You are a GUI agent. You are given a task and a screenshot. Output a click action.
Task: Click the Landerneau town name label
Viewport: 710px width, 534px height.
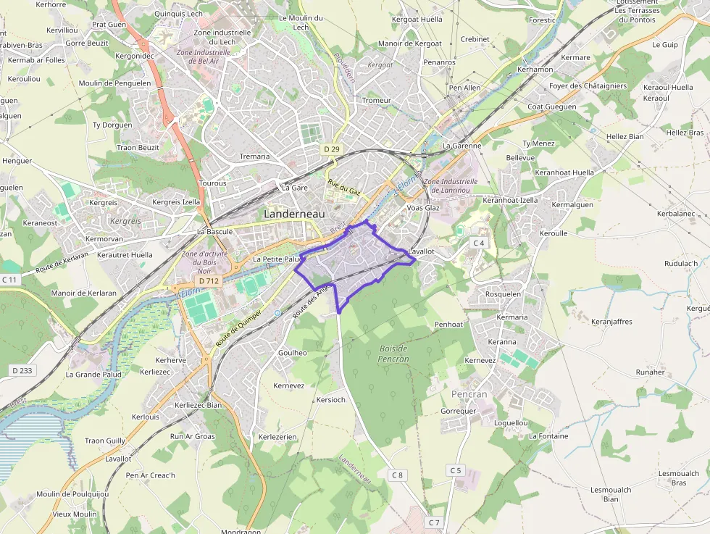pyautogui.click(x=295, y=214)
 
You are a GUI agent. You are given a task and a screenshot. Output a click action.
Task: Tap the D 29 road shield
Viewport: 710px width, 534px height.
pyautogui.click(x=332, y=149)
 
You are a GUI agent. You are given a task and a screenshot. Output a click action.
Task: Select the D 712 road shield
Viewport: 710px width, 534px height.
pyautogui.click(x=208, y=280)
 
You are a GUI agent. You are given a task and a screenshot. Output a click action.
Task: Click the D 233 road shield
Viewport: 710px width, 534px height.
pyautogui.click(x=22, y=370)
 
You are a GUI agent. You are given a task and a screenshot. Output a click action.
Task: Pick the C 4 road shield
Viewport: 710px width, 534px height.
pyautogui.click(x=478, y=242)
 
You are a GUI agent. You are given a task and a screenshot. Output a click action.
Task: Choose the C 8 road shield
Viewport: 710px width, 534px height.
pyautogui.click(x=396, y=475)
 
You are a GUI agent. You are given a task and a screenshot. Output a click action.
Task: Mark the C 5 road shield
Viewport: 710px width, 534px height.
pyautogui.click(x=455, y=470)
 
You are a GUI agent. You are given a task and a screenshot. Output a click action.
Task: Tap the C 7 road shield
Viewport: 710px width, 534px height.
pyautogui.click(x=434, y=522)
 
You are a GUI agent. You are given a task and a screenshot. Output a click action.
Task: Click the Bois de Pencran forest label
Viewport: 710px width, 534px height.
pyautogui.click(x=394, y=354)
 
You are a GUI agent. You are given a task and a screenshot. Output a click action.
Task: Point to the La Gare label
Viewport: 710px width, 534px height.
pyautogui.click(x=295, y=188)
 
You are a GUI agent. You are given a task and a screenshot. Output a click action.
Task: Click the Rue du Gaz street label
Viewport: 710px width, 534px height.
pyautogui.click(x=344, y=188)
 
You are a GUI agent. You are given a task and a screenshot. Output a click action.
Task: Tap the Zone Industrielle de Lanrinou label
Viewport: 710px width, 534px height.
pyautogui.click(x=451, y=185)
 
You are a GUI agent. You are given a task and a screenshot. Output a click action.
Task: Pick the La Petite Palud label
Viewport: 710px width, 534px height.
pyautogui.click(x=276, y=259)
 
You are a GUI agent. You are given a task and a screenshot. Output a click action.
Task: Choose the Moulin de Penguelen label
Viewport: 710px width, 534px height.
pyautogui.click(x=114, y=83)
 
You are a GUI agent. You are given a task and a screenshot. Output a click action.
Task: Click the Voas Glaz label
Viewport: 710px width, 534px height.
pyautogui.click(x=424, y=208)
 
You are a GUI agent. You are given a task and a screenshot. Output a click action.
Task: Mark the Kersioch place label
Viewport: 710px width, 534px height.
pyautogui.click(x=331, y=399)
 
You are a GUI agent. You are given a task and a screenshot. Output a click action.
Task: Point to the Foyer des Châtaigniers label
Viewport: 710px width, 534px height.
pyautogui.click(x=588, y=85)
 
